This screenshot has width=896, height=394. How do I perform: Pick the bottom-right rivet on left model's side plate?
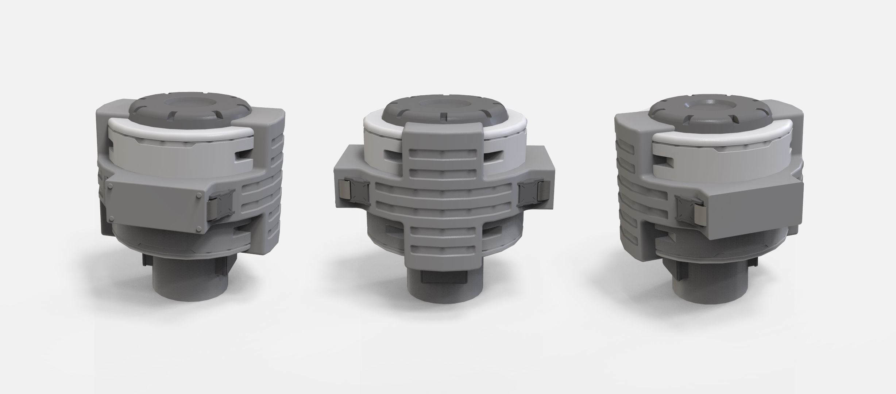coord(199,228)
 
